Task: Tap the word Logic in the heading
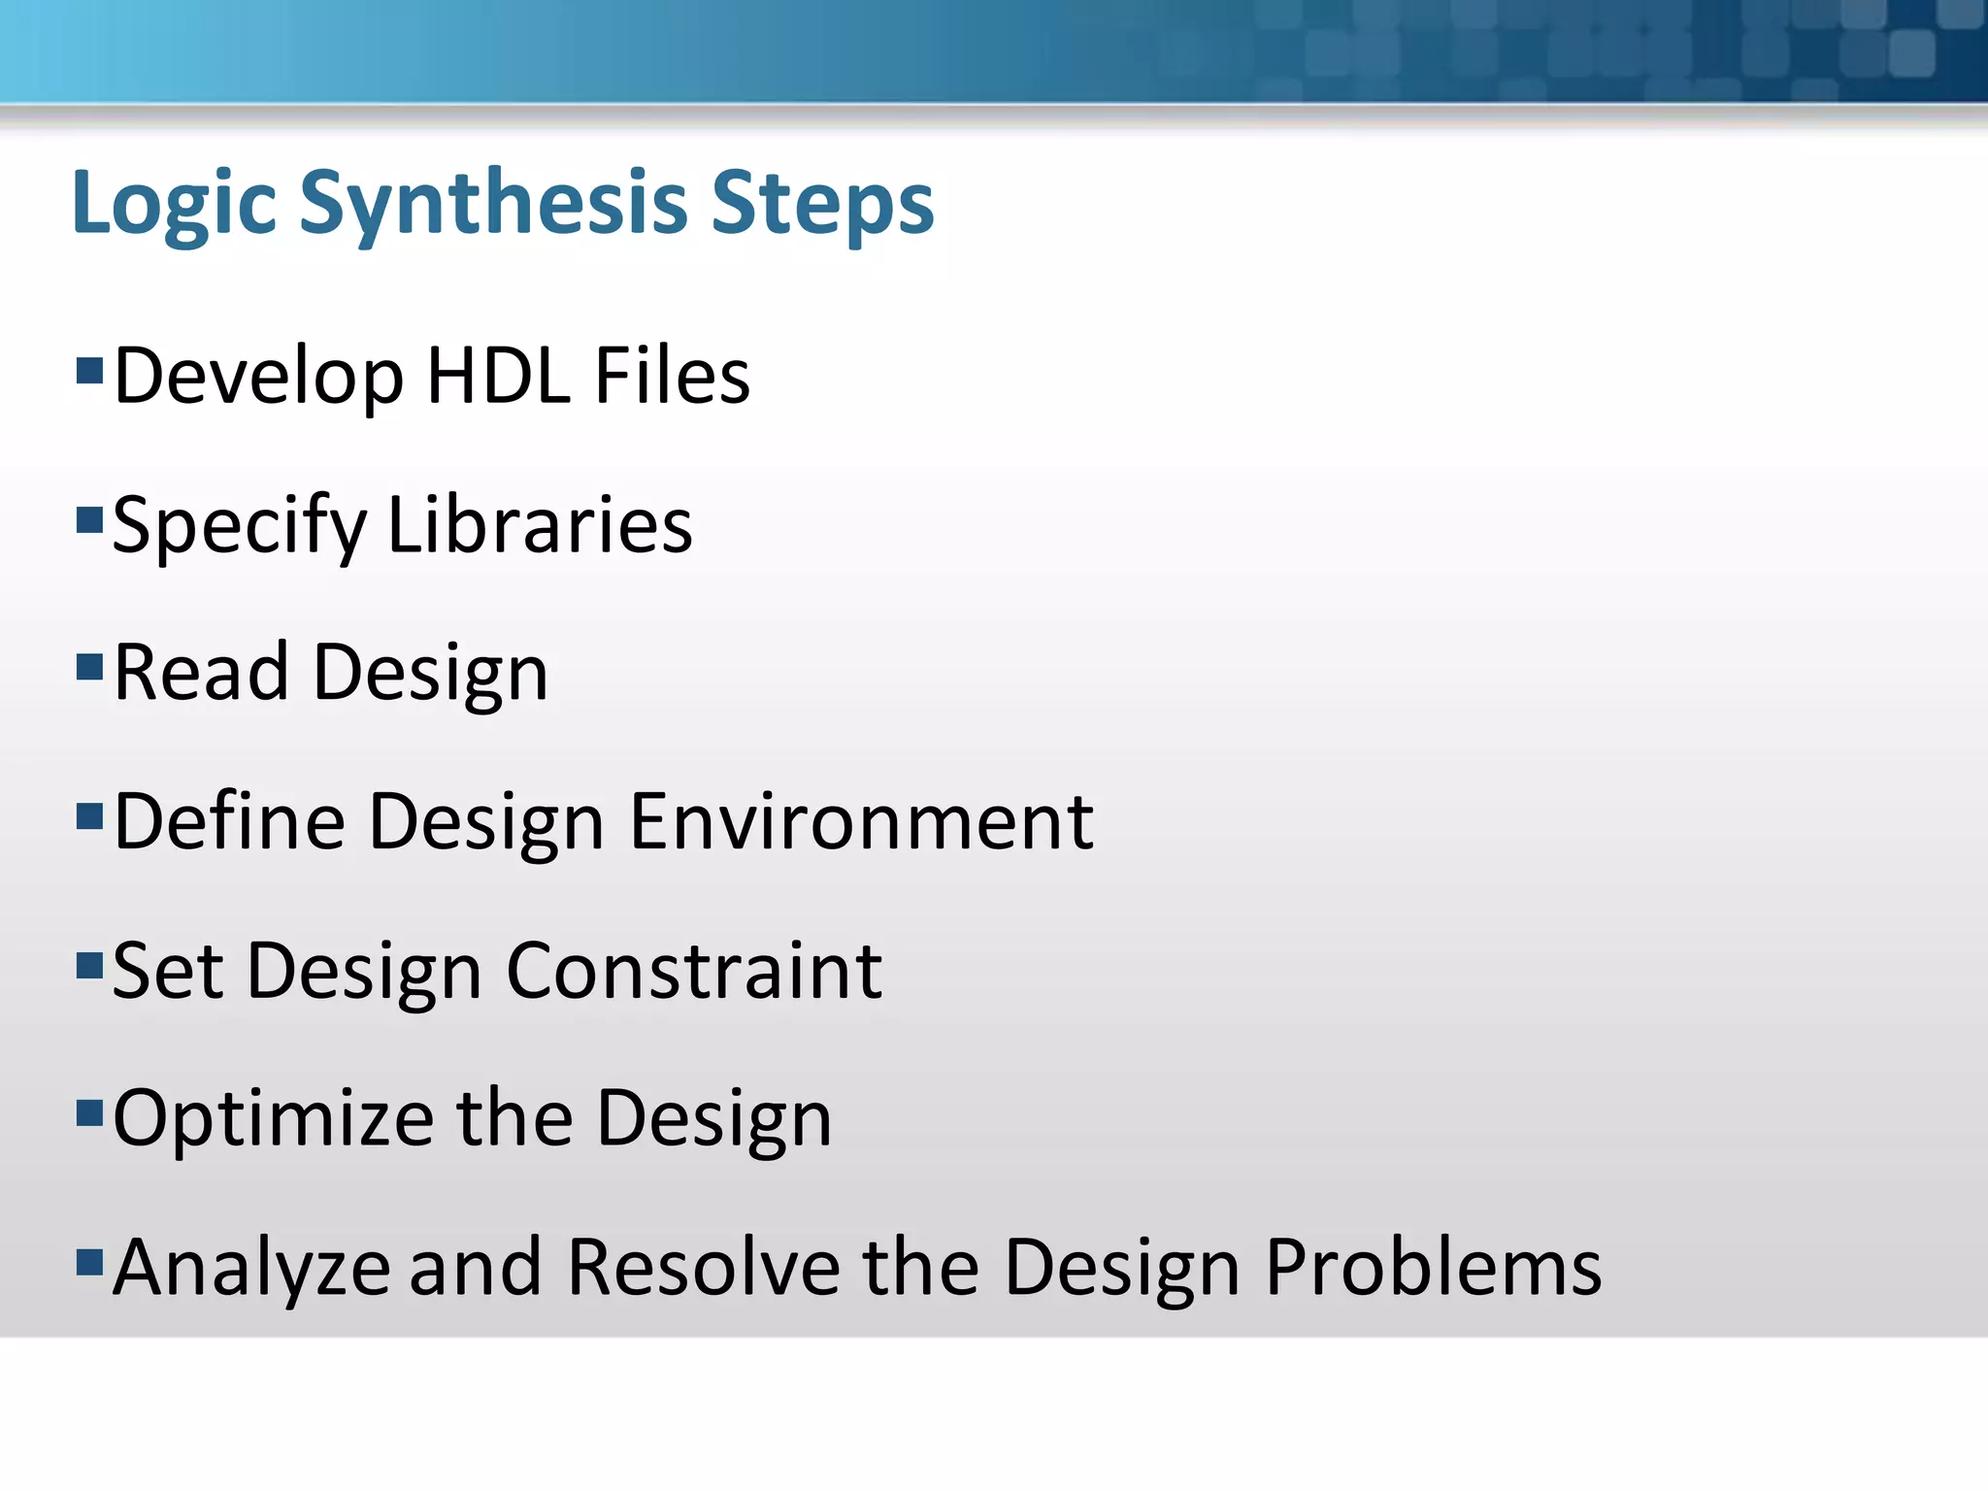pos(175,204)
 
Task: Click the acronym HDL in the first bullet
pos(498,376)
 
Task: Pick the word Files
pos(672,376)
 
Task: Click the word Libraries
pos(540,525)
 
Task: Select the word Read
pos(201,673)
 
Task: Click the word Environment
pos(861,822)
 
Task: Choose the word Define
pos(229,822)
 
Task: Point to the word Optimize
pos(273,1121)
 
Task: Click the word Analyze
pos(251,1270)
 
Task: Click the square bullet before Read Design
pos(89,667)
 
